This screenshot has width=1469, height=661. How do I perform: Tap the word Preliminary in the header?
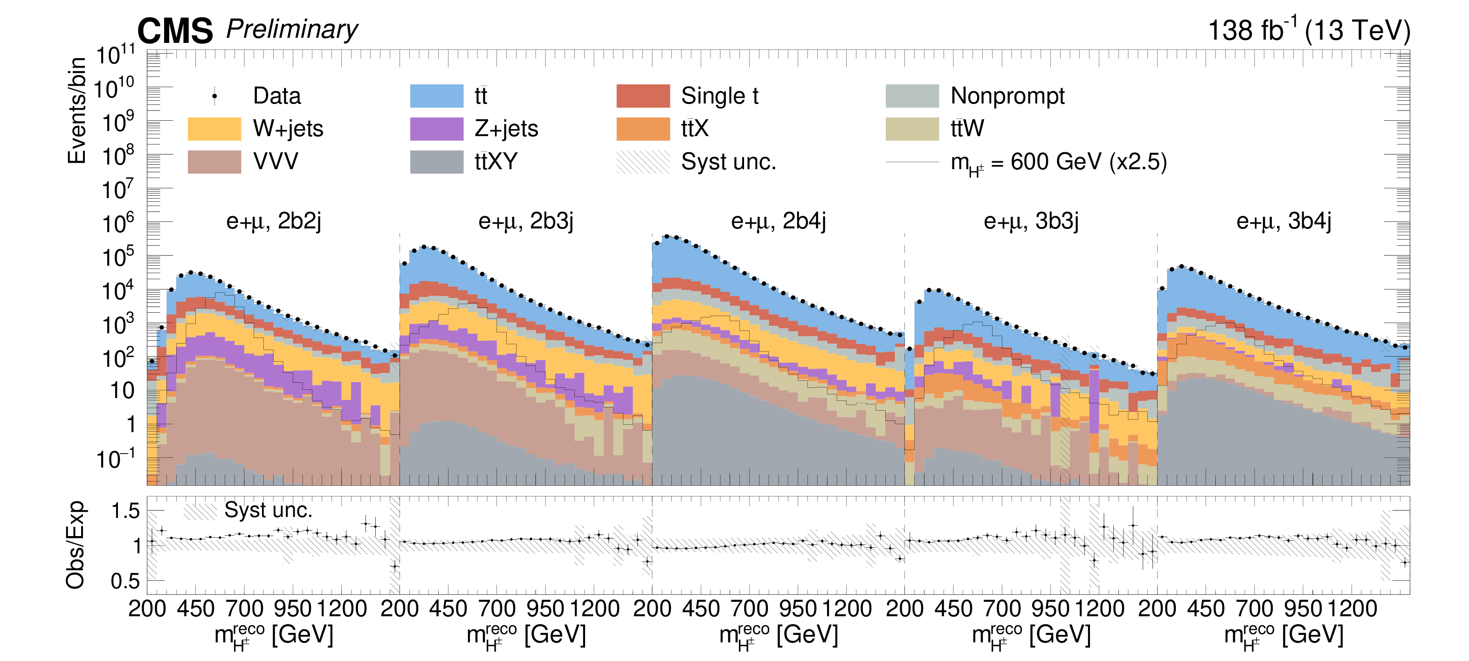292,29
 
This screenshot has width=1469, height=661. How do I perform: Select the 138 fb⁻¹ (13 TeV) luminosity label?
1309,30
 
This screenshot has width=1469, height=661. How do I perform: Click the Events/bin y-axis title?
76,110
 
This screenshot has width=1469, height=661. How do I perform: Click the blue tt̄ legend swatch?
436,96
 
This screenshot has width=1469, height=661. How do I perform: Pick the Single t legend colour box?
643,96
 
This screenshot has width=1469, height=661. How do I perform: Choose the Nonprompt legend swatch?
912,96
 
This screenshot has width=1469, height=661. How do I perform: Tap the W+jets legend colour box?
214,129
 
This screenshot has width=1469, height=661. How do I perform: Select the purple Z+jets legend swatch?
436,129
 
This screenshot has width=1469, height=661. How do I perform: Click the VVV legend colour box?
214,162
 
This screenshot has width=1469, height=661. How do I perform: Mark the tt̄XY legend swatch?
436,162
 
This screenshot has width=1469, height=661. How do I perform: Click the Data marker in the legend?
214,96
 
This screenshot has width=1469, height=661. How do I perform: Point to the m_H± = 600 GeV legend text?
1058,163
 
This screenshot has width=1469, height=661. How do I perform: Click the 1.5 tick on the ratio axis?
125,511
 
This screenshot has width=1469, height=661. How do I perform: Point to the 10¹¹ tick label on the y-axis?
116,55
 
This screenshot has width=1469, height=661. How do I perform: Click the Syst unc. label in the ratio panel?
268,510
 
